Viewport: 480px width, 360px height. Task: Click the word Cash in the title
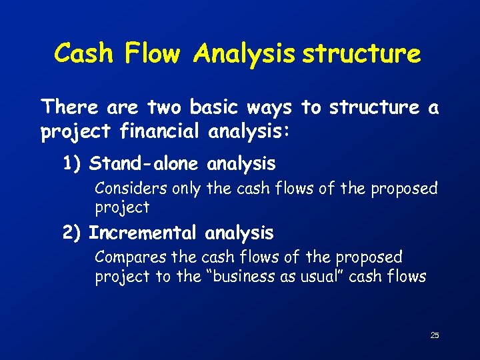click(83, 53)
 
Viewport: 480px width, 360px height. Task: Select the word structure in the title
click(361, 53)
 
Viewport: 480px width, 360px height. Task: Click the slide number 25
click(435, 335)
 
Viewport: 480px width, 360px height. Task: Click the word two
click(165, 107)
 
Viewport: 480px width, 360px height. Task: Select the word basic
click(217, 107)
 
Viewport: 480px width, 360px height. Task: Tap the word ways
click(273, 107)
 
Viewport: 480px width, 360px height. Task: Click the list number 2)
click(72, 233)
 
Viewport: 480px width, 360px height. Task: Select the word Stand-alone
click(145, 163)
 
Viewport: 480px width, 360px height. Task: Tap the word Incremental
click(143, 233)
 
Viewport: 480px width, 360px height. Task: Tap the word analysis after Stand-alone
click(241, 163)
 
